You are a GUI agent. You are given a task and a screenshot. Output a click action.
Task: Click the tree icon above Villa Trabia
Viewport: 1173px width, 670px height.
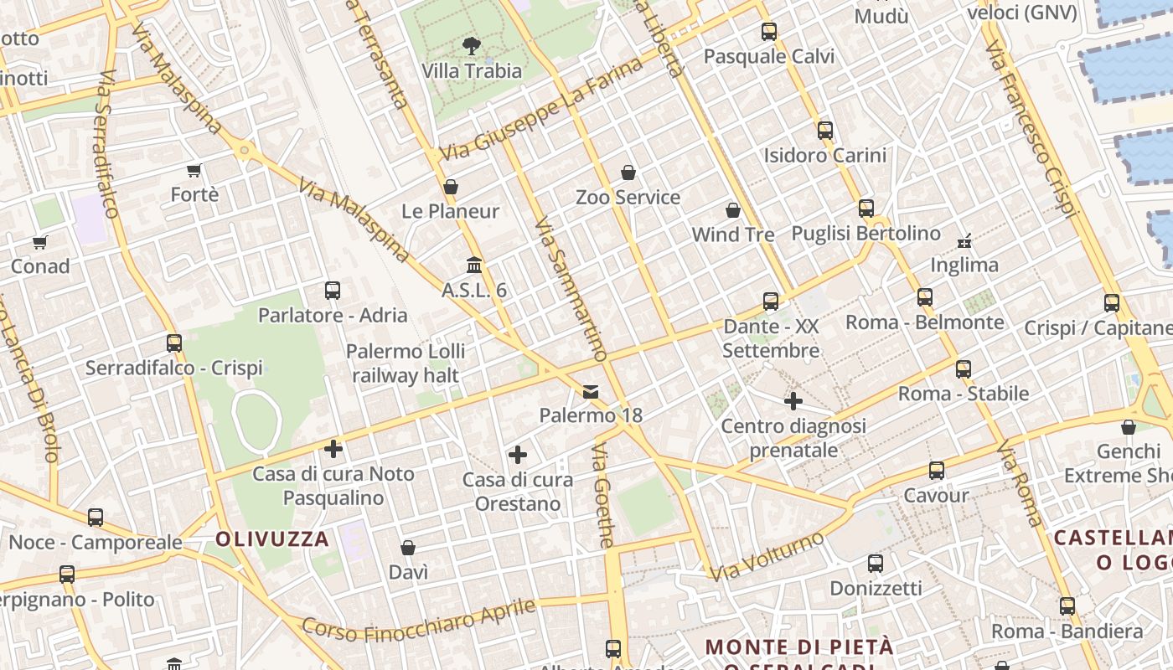click(472, 46)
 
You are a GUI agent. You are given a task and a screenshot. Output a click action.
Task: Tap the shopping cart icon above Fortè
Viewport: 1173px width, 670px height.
click(194, 171)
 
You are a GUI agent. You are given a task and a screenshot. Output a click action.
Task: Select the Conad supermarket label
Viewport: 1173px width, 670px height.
click(40, 266)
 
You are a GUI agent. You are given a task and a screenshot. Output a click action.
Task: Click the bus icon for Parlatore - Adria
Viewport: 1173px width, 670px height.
click(333, 291)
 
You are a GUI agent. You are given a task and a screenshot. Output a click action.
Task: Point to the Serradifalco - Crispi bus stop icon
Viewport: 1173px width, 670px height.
click(174, 343)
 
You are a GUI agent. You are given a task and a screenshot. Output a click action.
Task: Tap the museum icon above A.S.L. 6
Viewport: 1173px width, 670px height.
click(474, 265)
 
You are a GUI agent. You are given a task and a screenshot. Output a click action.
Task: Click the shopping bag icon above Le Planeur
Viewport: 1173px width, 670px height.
click(451, 187)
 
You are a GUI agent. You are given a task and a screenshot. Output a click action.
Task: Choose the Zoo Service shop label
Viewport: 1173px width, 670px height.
click(628, 198)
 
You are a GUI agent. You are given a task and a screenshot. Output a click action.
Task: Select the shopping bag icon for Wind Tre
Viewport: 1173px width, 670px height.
click(733, 210)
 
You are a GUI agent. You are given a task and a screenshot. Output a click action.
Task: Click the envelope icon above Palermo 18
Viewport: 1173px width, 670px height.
click(591, 392)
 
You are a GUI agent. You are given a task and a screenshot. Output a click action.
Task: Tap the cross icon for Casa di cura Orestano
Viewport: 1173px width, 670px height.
click(518, 455)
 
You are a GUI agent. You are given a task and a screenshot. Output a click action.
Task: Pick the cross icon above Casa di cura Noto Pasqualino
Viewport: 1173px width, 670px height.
click(333, 449)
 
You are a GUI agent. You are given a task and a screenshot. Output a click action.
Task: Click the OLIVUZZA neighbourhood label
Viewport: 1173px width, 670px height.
click(272, 539)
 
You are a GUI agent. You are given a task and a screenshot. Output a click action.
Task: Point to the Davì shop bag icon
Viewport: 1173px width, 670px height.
click(408, 549)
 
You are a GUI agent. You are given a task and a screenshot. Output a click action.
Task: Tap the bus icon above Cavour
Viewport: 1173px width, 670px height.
click(937, 471)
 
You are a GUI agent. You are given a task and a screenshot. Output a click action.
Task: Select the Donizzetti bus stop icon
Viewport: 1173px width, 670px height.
click(876, 564)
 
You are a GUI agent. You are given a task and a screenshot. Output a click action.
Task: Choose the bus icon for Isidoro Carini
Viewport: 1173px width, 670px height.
click(825, 131)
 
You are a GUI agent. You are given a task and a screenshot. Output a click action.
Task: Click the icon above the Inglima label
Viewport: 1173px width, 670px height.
click(964, 241)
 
